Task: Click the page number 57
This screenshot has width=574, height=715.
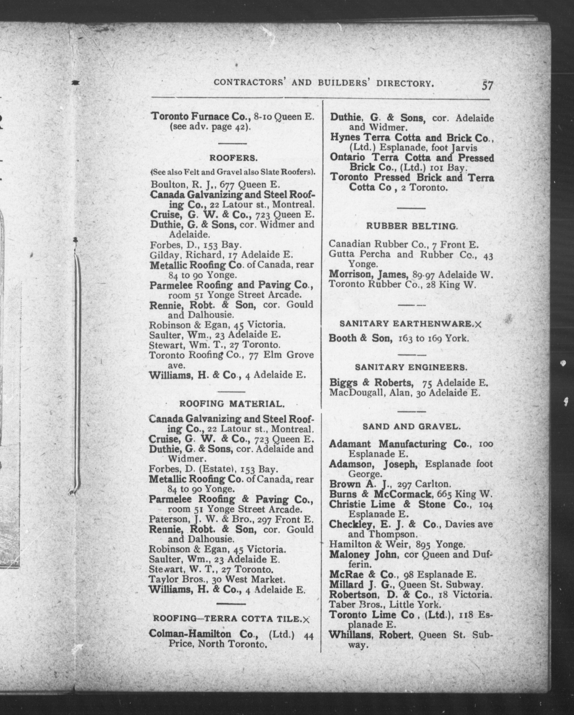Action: point(488,86)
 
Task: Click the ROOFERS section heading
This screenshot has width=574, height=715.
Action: point(233,158)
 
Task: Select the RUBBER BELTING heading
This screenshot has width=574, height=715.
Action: point(412,226)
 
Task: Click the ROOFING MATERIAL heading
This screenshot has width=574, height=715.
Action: point(232,404)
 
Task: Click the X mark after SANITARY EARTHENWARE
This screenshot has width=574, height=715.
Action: point(478,325)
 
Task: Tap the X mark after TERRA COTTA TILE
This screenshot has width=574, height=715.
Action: point(306,619)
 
